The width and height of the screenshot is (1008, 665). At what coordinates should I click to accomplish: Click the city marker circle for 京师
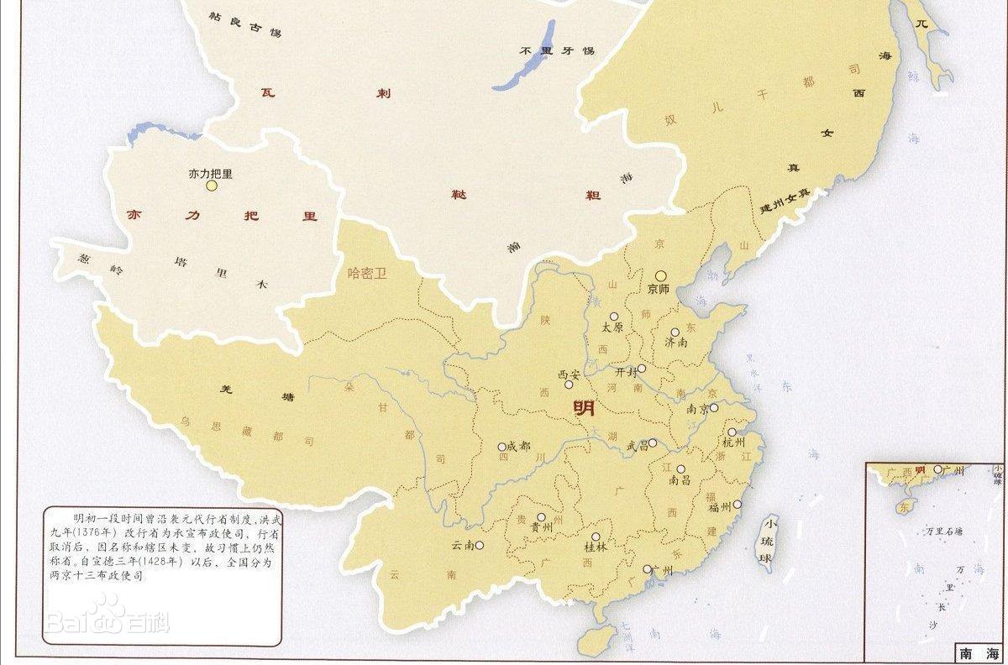click(x=661, y=275)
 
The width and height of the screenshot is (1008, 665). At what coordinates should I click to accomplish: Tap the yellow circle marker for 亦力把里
click(x=212, y=186)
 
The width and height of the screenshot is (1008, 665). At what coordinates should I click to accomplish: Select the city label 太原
click(x=612, y=327)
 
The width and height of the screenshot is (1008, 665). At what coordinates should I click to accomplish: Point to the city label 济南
click(x=676, y=343)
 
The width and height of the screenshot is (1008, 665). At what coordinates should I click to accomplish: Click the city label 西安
click(x=569, y=374)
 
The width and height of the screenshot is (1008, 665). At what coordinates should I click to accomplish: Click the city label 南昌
click(x=680, y=481)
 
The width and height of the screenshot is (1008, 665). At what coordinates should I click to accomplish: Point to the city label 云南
click(x=463, y=545)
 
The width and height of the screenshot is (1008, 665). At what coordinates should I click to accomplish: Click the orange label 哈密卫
click(x=367, y=273)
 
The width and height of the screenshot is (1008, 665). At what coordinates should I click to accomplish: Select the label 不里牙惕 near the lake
click(x=556, y=51)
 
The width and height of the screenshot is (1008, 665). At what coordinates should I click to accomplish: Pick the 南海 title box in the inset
click(x=978, y=652)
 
